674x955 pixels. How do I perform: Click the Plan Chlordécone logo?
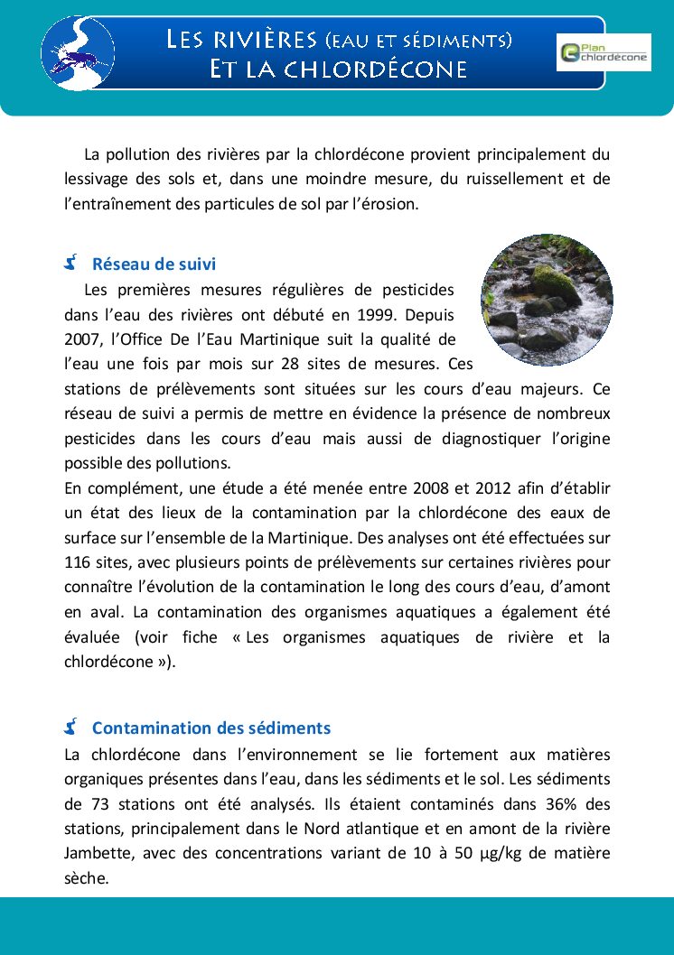coord(604,52)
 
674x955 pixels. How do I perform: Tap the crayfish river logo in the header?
coord(78,52)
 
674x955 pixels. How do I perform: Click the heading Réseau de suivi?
coord(154,264)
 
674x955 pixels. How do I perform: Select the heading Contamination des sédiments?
coord(211,728)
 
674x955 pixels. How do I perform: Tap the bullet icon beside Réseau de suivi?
coord(71,264)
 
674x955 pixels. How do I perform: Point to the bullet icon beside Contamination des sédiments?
coord(71,727)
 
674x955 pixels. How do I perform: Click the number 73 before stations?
coord(100,803)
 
